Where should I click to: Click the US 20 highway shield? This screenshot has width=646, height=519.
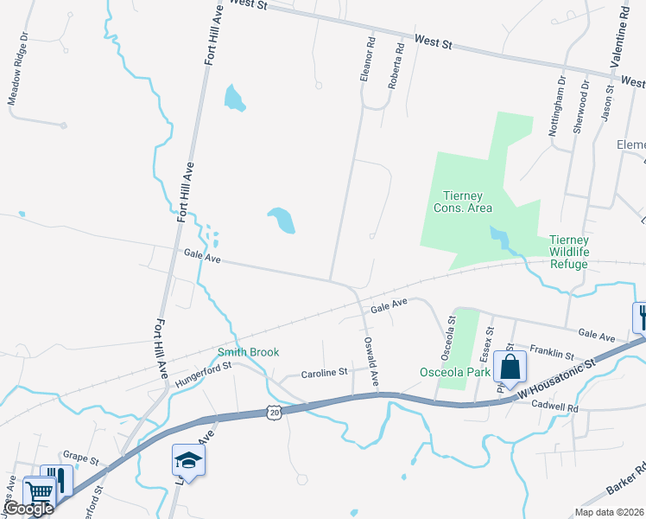point(273,413)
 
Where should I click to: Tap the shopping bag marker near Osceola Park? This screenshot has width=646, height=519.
point(510,367)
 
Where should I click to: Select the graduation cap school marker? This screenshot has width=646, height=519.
point(188,461)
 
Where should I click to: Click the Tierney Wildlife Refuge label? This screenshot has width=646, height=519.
point(569,252)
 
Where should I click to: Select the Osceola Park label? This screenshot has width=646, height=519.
point(455,372)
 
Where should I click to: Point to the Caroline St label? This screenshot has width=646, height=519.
point(324,374)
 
